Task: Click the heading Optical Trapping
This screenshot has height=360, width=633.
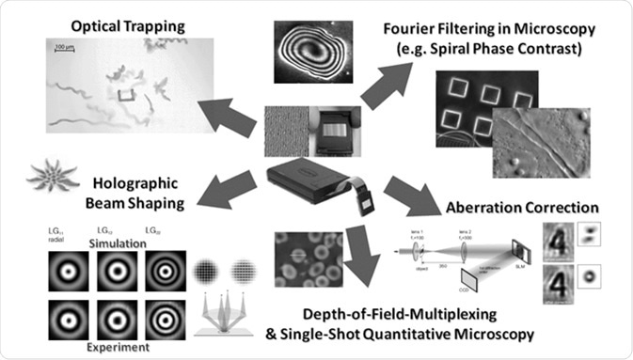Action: pos(127,21)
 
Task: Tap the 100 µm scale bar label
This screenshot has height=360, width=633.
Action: pos(65,46)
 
